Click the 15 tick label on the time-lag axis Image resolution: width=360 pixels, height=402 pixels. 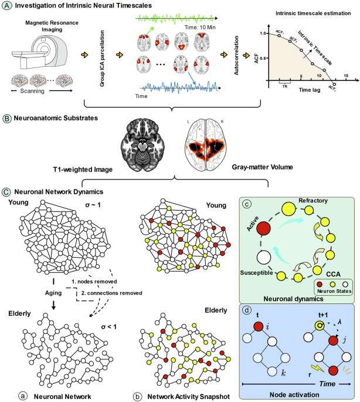[346, 76]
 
